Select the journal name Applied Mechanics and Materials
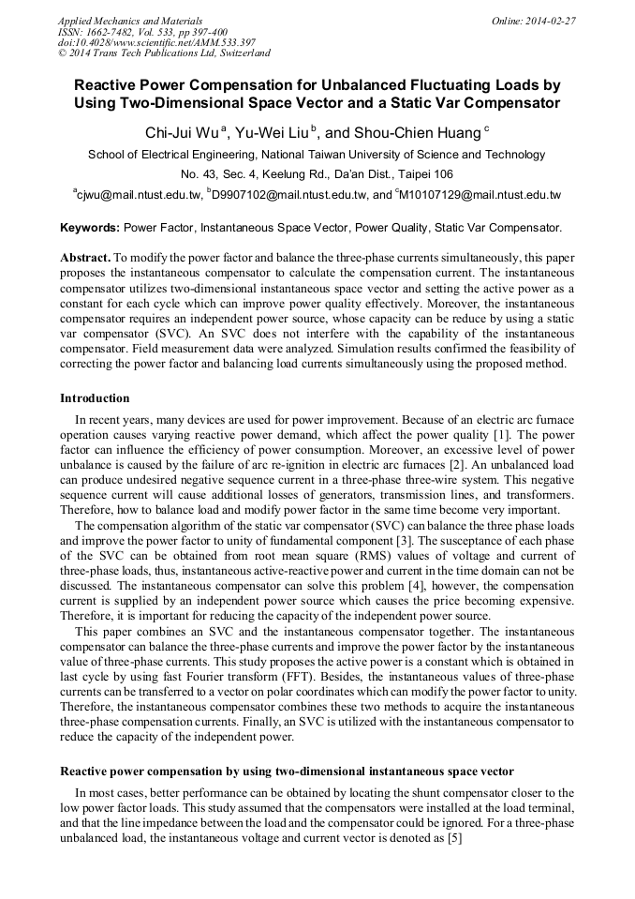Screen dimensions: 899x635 pyautogui.click(x=130, y=21)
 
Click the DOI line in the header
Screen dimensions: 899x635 pyautogui.click(x=156, y=43)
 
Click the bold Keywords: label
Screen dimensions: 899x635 pyautogui.click(x=90, y=228)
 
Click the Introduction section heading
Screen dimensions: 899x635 pyautogui.click(x=95, y=398)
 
